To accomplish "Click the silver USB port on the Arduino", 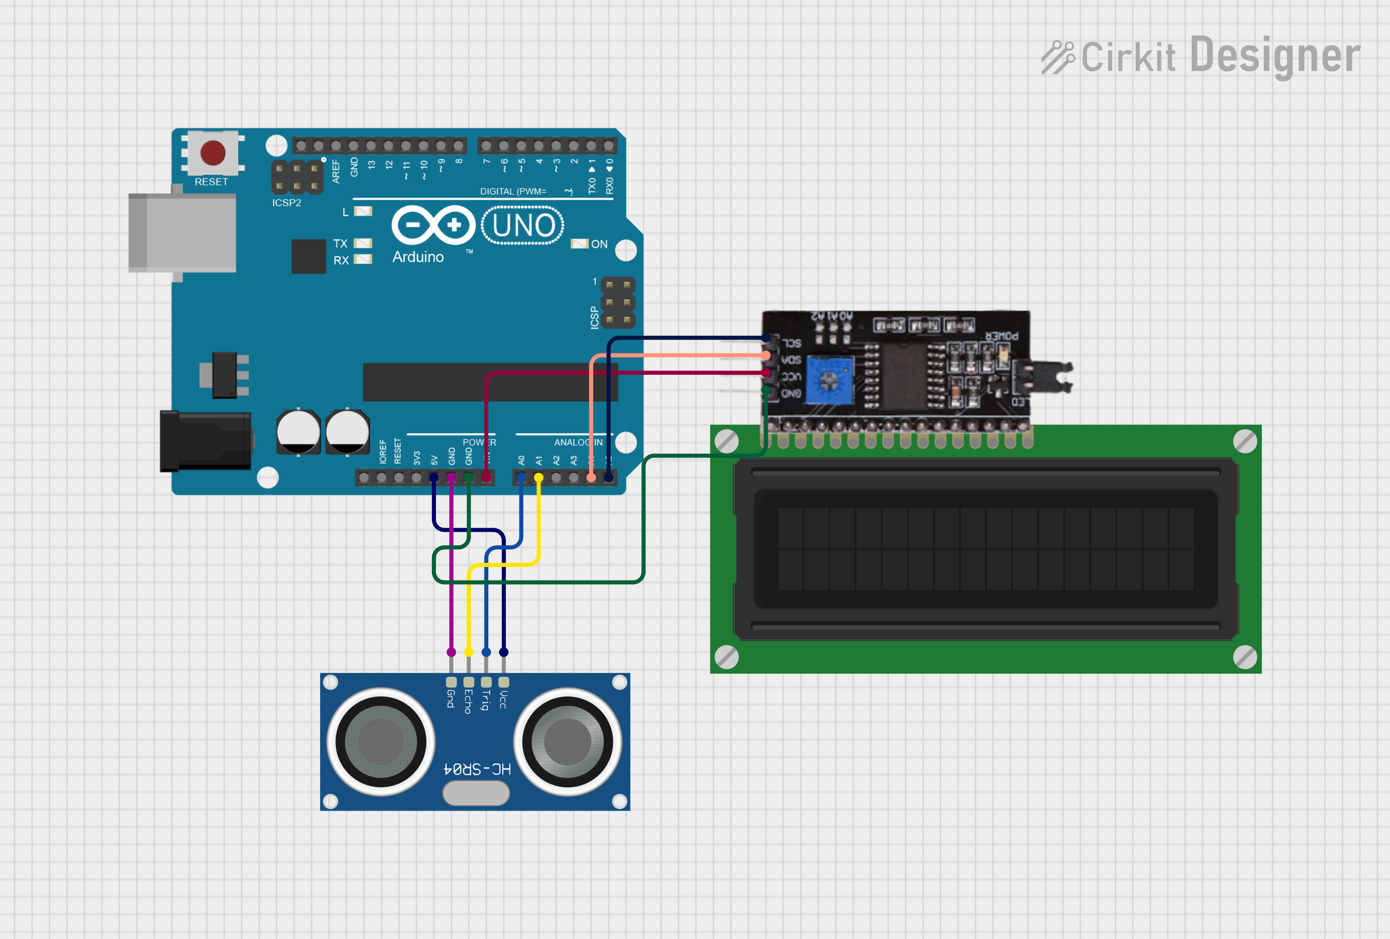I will pos(183,232).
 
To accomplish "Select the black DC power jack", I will pos(205,441).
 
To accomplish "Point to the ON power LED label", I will pos(599,244).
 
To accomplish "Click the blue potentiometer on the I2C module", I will pos(828,379).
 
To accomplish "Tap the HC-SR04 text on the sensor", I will pos(477,769).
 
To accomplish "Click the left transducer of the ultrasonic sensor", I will pos(380,742).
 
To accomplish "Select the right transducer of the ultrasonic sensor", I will pos(568,742).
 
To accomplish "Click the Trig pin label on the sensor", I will pos(486,700).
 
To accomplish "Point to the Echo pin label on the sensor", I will pos(468,701).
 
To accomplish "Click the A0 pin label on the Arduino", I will pos(521,460).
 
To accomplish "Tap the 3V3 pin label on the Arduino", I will pos(417,458).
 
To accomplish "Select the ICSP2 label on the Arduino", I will pos(286,203).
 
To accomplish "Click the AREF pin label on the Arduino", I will pos(335,171).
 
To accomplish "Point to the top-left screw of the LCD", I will pos(727,441).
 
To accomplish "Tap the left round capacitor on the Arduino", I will pos(298,432).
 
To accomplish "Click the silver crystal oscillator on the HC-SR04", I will pos(476,794).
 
